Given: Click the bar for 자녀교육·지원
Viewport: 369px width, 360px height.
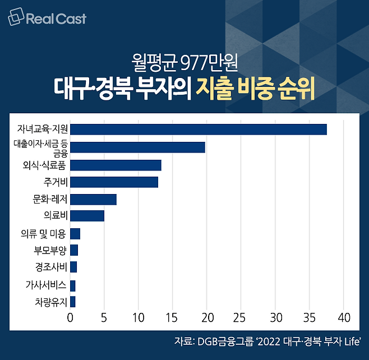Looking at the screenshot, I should (199, 130).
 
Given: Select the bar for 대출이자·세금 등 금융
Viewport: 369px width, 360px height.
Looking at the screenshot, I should (137, 147).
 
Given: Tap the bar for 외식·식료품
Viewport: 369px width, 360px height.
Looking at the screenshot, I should (116, 165).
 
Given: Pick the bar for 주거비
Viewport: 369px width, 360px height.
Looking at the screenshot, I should (114, 182).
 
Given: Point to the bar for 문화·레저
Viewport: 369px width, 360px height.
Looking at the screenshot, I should (93, 199).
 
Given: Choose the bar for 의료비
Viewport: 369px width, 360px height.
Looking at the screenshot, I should (87, 216).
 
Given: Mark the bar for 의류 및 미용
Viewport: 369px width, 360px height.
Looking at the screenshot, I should (75, 234).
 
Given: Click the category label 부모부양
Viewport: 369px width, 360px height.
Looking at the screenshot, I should (50, 250).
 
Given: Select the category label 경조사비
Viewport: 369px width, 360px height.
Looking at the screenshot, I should (50, 267).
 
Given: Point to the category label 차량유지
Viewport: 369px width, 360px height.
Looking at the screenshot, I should (50, 302).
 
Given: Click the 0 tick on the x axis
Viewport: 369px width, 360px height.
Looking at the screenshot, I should (70, 318).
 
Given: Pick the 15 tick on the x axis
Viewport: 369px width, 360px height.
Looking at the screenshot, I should (173, 318).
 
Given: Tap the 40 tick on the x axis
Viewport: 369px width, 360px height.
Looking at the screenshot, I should (343, 318).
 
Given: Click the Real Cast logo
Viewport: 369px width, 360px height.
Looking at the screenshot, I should (47, 19).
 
